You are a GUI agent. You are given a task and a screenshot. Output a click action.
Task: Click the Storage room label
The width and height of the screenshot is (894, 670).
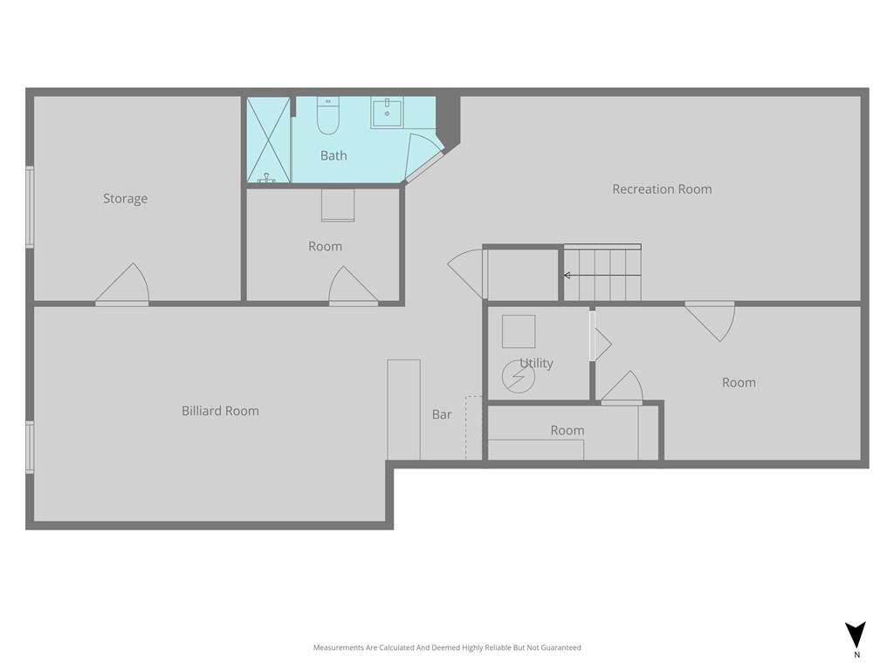(x=126, y=199)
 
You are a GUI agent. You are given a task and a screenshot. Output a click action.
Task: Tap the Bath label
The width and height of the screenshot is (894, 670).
(x=334, y=155)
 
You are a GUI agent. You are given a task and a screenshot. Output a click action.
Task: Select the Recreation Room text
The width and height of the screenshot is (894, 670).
(x=662, y=189)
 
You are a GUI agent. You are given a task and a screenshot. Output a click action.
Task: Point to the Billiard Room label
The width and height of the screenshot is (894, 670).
(x=220, y=411)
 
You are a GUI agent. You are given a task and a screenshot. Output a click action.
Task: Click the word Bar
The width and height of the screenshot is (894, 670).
(x=442, y=414)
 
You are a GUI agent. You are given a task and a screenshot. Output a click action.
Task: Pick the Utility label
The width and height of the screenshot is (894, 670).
(x=537, y=363)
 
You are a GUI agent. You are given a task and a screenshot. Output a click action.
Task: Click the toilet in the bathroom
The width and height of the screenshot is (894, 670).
(x=328, y=116)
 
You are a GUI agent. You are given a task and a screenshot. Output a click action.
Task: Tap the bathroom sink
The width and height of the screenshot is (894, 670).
(x=387, y=113)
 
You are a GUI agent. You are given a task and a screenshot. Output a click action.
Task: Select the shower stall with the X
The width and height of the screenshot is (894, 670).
(x=269, y=140)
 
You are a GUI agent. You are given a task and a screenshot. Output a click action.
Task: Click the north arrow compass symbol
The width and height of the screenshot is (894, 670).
(x=856, y=636)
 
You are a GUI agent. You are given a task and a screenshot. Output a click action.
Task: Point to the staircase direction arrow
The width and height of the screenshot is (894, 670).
(x=602, y=275)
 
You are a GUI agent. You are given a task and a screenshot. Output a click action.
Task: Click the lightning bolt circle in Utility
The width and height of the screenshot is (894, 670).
(x=519, y=377)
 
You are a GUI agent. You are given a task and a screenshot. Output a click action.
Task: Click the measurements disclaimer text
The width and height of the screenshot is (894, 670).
(x=447, y=647)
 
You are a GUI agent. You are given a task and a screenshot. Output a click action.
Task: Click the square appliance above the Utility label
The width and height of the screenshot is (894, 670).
(x=519, y=331)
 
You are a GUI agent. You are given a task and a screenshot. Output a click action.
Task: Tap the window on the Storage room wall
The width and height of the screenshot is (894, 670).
(x=30, y=208)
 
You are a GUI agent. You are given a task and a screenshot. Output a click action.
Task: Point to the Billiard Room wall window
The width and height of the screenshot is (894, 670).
(x=30, y=448)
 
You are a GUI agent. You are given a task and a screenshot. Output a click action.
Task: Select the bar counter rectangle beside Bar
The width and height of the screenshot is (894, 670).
(x=403, y=410)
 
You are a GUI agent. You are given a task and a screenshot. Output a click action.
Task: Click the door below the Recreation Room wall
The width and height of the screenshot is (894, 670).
(x=711, y=321)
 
